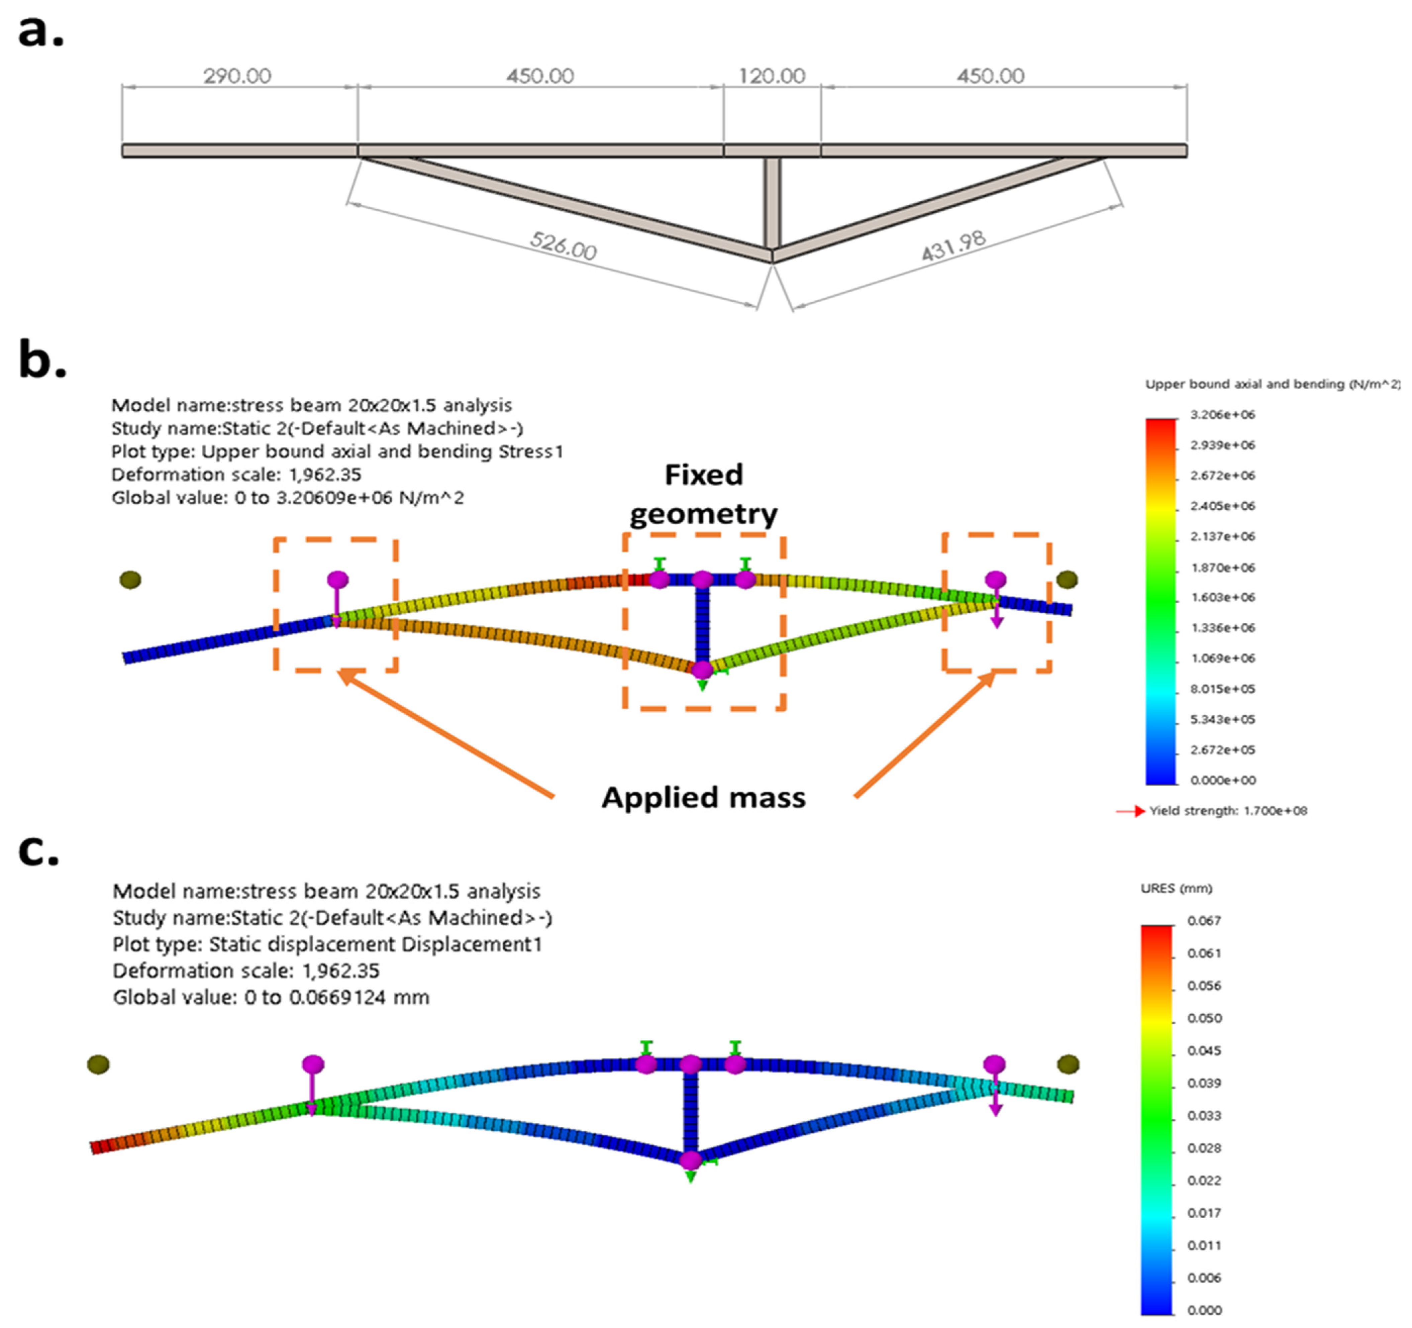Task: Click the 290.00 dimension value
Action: point(237,76)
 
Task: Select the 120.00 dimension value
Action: point(772,76)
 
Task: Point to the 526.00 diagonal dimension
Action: point(563,246)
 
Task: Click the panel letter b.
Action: point(41,361)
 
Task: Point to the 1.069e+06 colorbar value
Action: point(1222,658)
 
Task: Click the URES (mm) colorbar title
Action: point(1176,889)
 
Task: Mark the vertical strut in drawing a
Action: point(773,202)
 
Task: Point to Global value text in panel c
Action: point(271,998)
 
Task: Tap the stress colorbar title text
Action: point(1271,384)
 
